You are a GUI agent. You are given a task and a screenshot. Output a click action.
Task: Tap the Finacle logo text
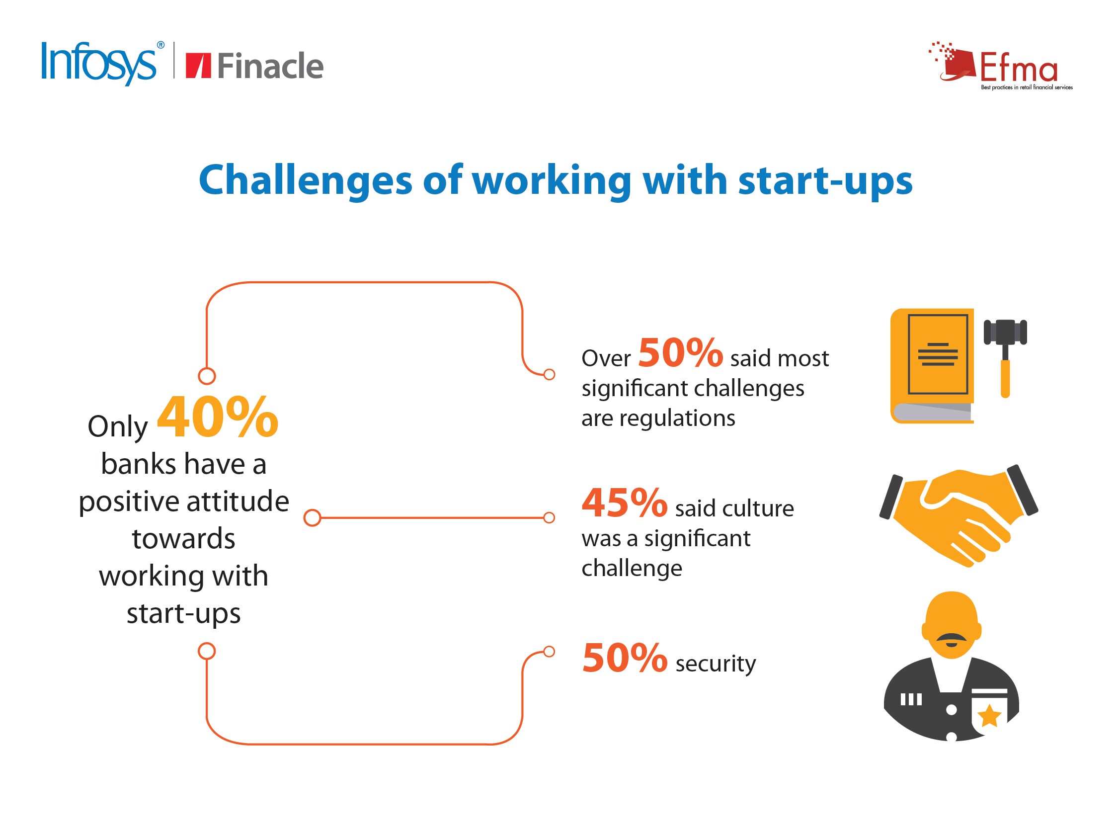(270, 66)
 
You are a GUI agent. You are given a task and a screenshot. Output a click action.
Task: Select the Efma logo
(1001, 66)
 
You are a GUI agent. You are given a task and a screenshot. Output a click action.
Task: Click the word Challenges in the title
(305, 181)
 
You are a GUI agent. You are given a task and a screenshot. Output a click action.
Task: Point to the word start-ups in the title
(825, 181)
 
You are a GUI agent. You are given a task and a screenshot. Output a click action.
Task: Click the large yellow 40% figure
(218, 417)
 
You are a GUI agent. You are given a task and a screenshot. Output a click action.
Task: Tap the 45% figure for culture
(624, 503)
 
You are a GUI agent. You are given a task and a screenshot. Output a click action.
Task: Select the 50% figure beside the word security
(625, 658)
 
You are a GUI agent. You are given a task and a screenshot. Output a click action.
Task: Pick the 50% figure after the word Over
(680, 352)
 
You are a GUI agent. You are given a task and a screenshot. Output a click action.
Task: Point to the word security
(716, 664)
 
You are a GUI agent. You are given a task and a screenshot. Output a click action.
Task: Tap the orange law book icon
(932, 366)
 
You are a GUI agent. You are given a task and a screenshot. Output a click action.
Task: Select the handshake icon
(958, 516)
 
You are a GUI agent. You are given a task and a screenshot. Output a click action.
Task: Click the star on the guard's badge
(989, 716)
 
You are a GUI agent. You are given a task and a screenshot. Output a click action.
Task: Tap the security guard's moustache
(952, 638)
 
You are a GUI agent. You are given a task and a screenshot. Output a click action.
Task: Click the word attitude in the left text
(238, 501)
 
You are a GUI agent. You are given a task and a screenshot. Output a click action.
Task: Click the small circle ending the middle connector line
(549, 517)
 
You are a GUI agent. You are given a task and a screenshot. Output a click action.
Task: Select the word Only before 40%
(118, 426)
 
